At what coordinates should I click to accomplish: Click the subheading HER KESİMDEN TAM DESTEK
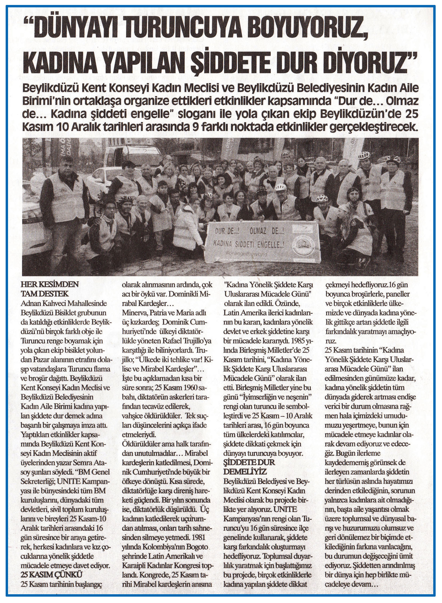click(50, 289)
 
